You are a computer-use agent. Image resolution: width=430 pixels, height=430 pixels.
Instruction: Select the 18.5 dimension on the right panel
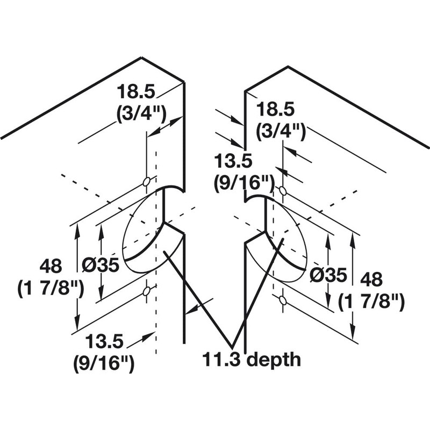pyautogui.click(x=276, y=110)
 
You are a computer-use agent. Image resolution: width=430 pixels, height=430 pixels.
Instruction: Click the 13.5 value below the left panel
pyautogui.click(x=104, y=342)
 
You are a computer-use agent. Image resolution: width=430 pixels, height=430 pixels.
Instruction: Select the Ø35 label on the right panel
pyautogui.click(x=328, y=274)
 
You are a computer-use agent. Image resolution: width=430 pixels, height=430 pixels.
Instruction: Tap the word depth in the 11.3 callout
pyautogui.click(x=275, y=359)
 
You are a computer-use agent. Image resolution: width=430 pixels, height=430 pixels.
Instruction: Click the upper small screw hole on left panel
pyautogui.click(x=146, y=182)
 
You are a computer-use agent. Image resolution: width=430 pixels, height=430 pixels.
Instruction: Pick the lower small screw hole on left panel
pyautogui.click(x=146, y=291)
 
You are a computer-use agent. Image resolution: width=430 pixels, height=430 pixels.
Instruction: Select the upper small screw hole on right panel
pyautogui.click(x=283, y=191)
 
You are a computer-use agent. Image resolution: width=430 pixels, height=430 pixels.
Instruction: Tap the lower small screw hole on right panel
pyautogui.click(x=283, y=300)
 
